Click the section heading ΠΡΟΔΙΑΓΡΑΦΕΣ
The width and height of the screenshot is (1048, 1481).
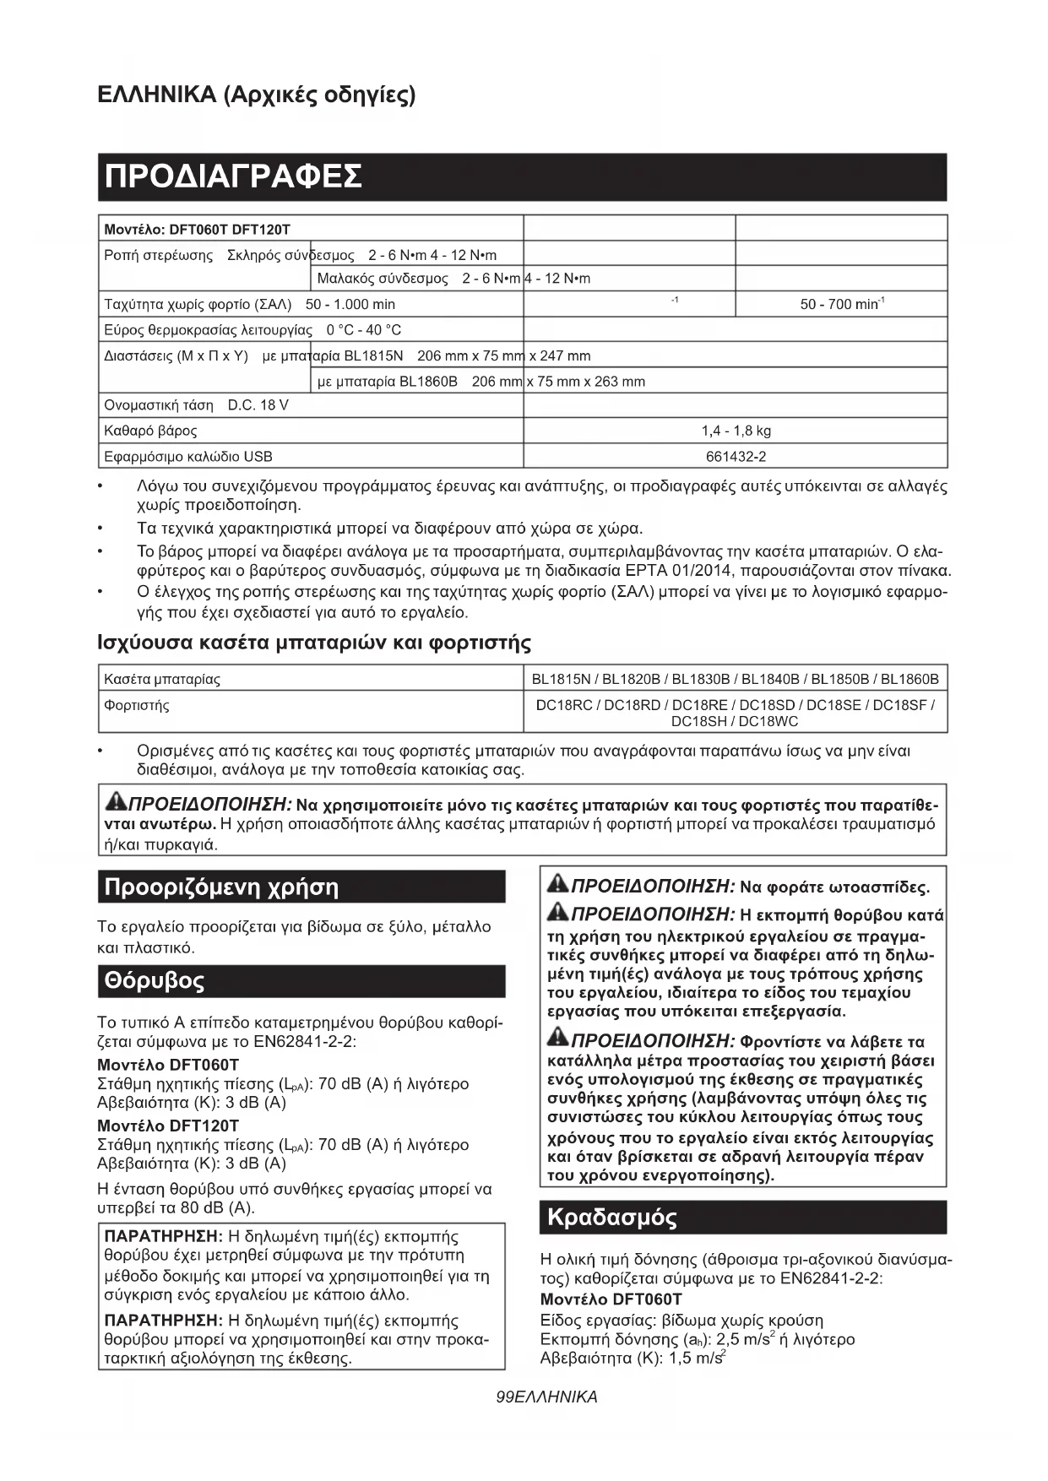coord(233,176)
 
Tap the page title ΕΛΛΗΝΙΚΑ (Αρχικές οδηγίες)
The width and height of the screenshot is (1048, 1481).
coord(257,94)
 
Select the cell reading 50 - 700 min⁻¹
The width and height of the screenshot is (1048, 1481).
coord(841,304)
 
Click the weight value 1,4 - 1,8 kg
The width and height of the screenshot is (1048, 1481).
coord(736,431)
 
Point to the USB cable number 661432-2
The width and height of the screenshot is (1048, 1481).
coord(736,457)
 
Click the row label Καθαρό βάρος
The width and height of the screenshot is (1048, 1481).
coord(150,431)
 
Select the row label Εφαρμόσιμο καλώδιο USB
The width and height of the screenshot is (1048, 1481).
coord(187,457)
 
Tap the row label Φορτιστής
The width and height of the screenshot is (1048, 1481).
coord(136,705)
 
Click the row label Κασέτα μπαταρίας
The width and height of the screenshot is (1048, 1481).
coord(161,679)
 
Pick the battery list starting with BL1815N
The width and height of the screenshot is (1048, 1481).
coord(735,679)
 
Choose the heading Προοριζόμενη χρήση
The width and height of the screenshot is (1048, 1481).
coord(220,887)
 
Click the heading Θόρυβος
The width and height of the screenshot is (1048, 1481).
coord(155,981)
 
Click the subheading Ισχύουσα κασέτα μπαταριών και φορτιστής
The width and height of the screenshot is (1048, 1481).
coord(314,643)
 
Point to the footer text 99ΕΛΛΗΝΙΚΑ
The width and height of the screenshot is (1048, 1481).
coord(547,1397)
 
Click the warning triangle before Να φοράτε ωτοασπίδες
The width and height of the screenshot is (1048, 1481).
coord(558,885)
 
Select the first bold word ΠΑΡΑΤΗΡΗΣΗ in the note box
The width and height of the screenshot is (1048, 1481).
coord(162,1237)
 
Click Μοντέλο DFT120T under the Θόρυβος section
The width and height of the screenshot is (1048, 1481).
coord(168,1126)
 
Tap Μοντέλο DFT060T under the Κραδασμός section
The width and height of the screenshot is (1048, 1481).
coord(611,1299)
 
